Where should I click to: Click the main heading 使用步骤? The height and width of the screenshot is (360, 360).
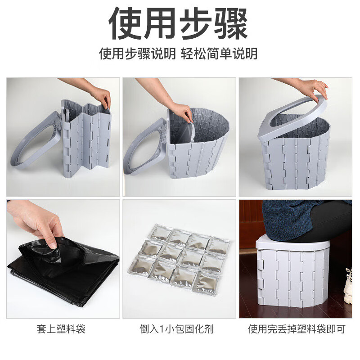[x=179, y=23]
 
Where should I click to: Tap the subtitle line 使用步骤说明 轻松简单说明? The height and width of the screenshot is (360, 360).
[x=179, y=54]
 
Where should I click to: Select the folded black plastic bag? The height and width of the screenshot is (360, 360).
[x=63, y=270]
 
